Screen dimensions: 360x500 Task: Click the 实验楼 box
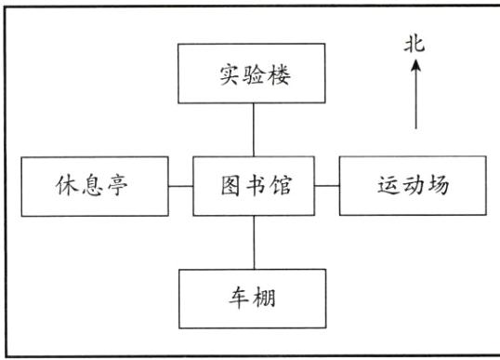[x=254, y=73]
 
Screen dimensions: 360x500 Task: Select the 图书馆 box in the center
[x=254, y=186]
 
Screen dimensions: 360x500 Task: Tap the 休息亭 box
[x=94, y=186]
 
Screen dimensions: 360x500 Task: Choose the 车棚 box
[x=254, y=299]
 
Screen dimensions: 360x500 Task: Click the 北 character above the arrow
[x=415, y=46]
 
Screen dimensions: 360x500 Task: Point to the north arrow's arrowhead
[x=415, y=66]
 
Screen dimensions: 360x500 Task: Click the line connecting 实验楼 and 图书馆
[x=254, y=129]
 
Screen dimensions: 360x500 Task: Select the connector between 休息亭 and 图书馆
[x=180, y=186]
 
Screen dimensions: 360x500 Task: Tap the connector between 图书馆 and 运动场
[x=326, y=186]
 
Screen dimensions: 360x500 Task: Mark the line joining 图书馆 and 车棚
[x=254, y=243]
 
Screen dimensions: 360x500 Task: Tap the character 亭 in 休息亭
[x=126, y=186]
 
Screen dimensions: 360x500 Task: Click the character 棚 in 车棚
[x=269, y=299]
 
